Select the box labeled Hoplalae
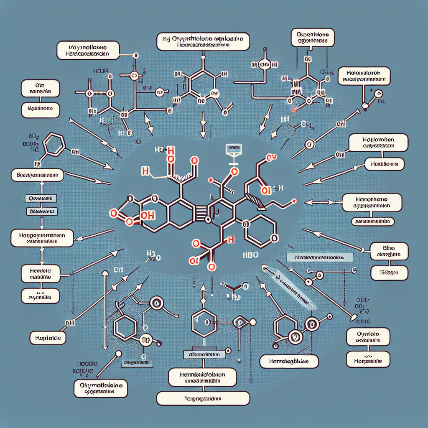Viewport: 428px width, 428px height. coord(48,337)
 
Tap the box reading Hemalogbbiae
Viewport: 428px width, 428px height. coord(289,361)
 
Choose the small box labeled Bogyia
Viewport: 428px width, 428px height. coord(388,273)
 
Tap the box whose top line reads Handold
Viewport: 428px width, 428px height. coord(40,273)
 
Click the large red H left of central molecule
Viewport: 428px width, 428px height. coord(145,171)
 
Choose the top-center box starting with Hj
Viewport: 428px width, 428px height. coord(204,42)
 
